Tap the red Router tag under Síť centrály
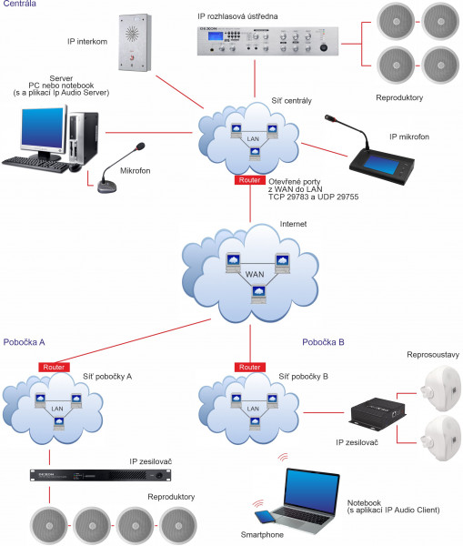(249, 180)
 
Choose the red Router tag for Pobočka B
(250, 366)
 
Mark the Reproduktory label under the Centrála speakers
(400, 96)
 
